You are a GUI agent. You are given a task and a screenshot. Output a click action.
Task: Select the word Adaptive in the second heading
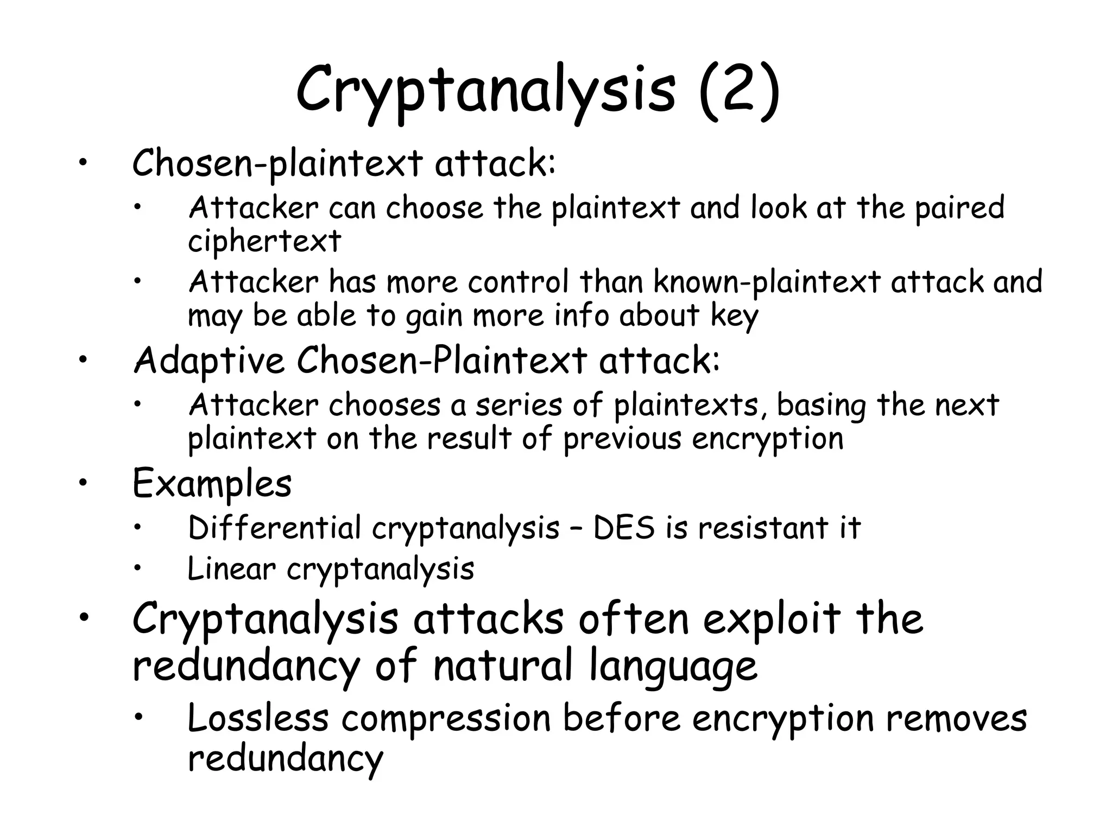tap(209, 361)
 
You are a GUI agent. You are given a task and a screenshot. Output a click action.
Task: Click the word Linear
tap(231, 569)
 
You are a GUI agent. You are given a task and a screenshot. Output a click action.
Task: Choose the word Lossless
tap(258, 718)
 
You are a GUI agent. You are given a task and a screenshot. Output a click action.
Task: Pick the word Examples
tap(212, 483)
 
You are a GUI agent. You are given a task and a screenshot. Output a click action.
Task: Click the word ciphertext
tap(264, 241)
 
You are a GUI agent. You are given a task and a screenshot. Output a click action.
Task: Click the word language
tap(673, 667)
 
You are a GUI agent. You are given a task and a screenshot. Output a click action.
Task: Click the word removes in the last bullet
tap(956, 718)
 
